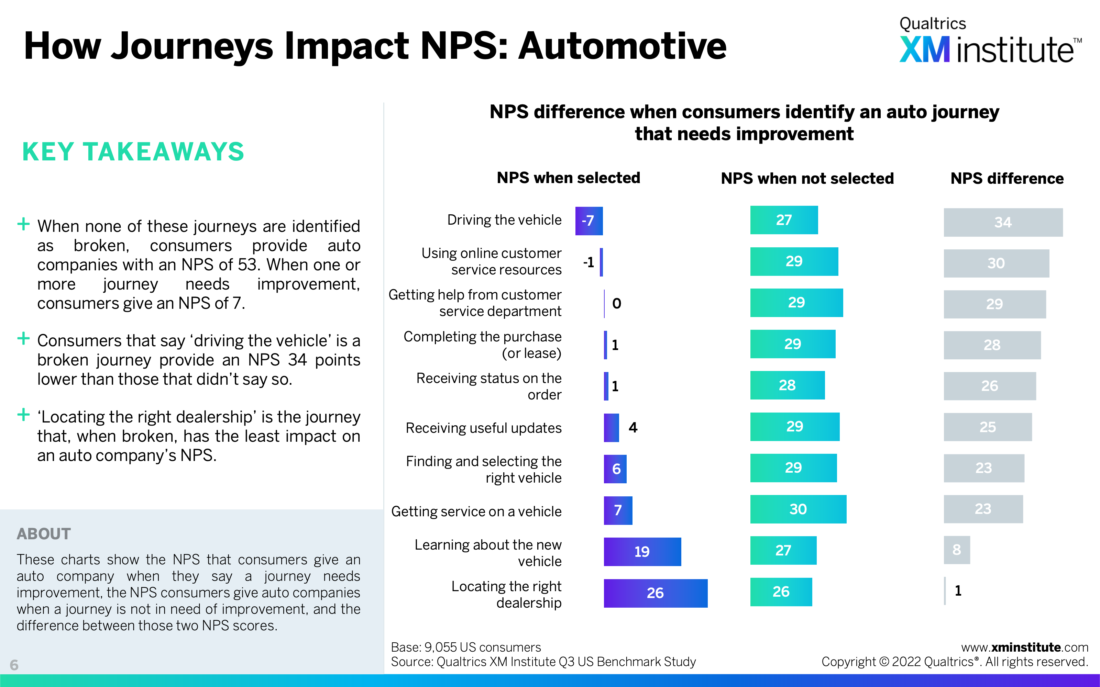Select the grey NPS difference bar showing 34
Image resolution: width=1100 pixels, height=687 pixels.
[1003, 222]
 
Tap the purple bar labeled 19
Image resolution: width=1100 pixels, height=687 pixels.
[642, 552]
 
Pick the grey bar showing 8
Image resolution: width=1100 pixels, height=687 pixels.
[956, 550]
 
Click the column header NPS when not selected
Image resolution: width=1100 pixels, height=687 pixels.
[807, 179]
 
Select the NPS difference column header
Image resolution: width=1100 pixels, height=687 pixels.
[1007, 179]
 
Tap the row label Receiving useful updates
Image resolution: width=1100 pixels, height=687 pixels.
[483, 428]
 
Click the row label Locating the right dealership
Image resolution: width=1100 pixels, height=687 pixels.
[506, 594]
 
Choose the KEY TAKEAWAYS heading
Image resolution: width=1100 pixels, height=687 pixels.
[133, 152]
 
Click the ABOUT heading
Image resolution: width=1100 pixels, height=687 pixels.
[44, 533]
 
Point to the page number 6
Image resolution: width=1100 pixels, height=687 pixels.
[14, 665]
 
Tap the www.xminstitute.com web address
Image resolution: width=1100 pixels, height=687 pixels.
[1024, 647]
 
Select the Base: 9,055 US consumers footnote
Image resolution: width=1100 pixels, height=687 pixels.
[466, 647]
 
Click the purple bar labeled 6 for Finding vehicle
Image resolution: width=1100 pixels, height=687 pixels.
[615, 469]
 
